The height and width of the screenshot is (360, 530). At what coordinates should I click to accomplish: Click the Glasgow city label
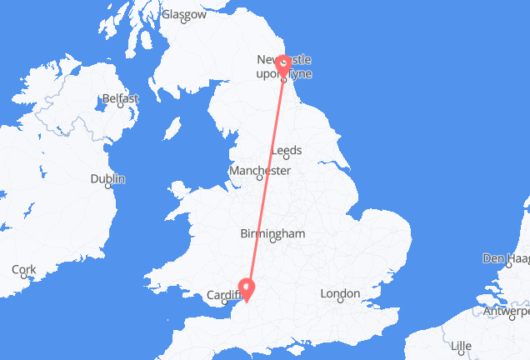[183, 14]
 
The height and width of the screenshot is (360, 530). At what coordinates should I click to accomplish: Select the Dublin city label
[107, 179]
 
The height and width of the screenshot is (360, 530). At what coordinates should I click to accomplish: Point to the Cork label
[24, 269]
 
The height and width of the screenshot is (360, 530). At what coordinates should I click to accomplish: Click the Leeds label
[287, 151]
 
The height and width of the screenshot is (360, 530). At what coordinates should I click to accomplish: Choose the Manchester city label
[261, 171]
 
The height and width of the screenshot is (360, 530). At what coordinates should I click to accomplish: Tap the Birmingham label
[272, 234]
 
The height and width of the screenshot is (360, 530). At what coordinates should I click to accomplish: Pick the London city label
[339, 293]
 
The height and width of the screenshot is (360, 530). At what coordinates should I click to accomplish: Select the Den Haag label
[505, 259]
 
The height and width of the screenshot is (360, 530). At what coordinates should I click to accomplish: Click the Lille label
[459, 346]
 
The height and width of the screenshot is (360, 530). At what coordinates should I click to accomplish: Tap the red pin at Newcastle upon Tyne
[283, 64]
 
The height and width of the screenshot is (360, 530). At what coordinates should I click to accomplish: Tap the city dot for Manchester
[258, 178]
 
